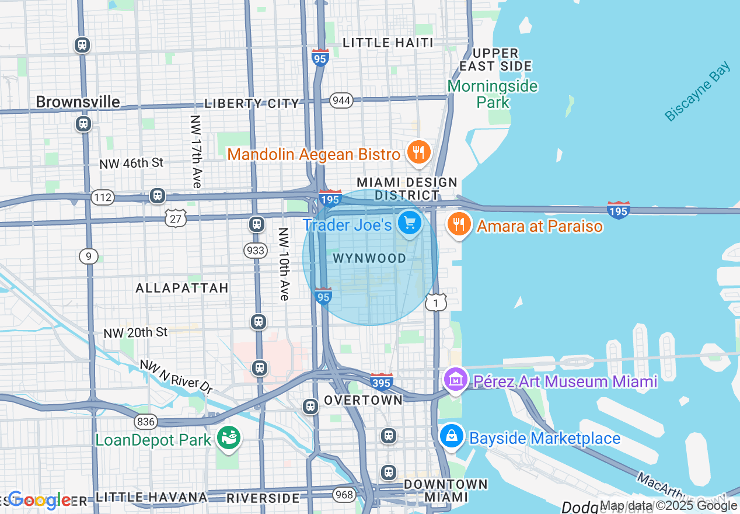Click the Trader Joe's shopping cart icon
(410, 223)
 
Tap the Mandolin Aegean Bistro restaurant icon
(418, 152)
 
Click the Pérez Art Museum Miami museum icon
(455, 380)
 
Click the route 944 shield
(341, 100)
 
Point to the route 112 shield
(102, 197)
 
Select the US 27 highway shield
(176, 218)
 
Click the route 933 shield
(256, 251)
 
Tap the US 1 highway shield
(436, 302)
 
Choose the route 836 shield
(145, 421)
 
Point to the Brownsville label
(78, 102)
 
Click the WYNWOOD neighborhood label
(369, 258)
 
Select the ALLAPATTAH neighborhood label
(182, 288)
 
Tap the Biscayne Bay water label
(697, 92)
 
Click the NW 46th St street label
(131, 164)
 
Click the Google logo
(39, 500)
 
